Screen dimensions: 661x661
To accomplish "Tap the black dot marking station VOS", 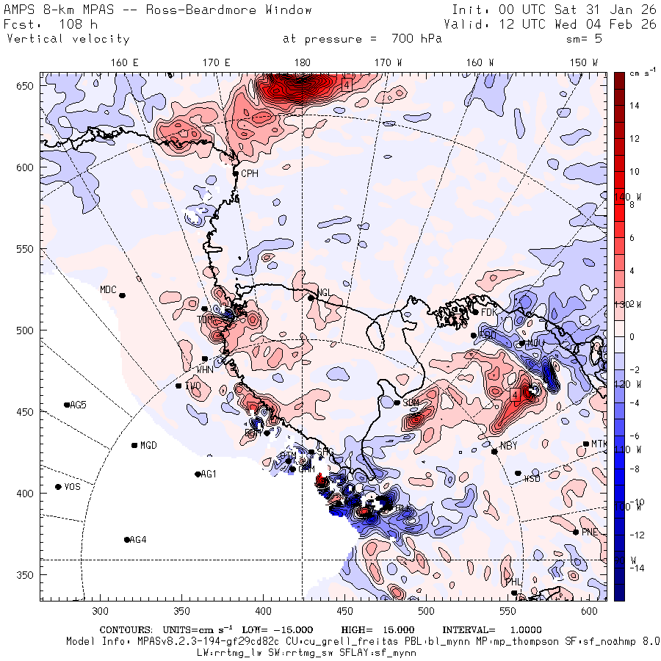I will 59,487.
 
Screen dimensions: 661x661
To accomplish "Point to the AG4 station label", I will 137,540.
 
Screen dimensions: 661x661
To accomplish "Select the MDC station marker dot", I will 122,295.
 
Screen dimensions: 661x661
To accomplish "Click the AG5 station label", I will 78,405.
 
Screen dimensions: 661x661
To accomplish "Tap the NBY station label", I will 508,447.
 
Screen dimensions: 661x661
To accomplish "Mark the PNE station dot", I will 575,532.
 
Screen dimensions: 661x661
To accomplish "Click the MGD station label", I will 148,445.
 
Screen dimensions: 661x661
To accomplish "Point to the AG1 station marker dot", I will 198,474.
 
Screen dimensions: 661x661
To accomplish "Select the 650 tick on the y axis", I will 27,87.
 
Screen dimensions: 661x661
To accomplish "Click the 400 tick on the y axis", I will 27,493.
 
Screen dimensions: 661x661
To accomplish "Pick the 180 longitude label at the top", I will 301,62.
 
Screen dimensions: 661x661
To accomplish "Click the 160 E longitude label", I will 125,62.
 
